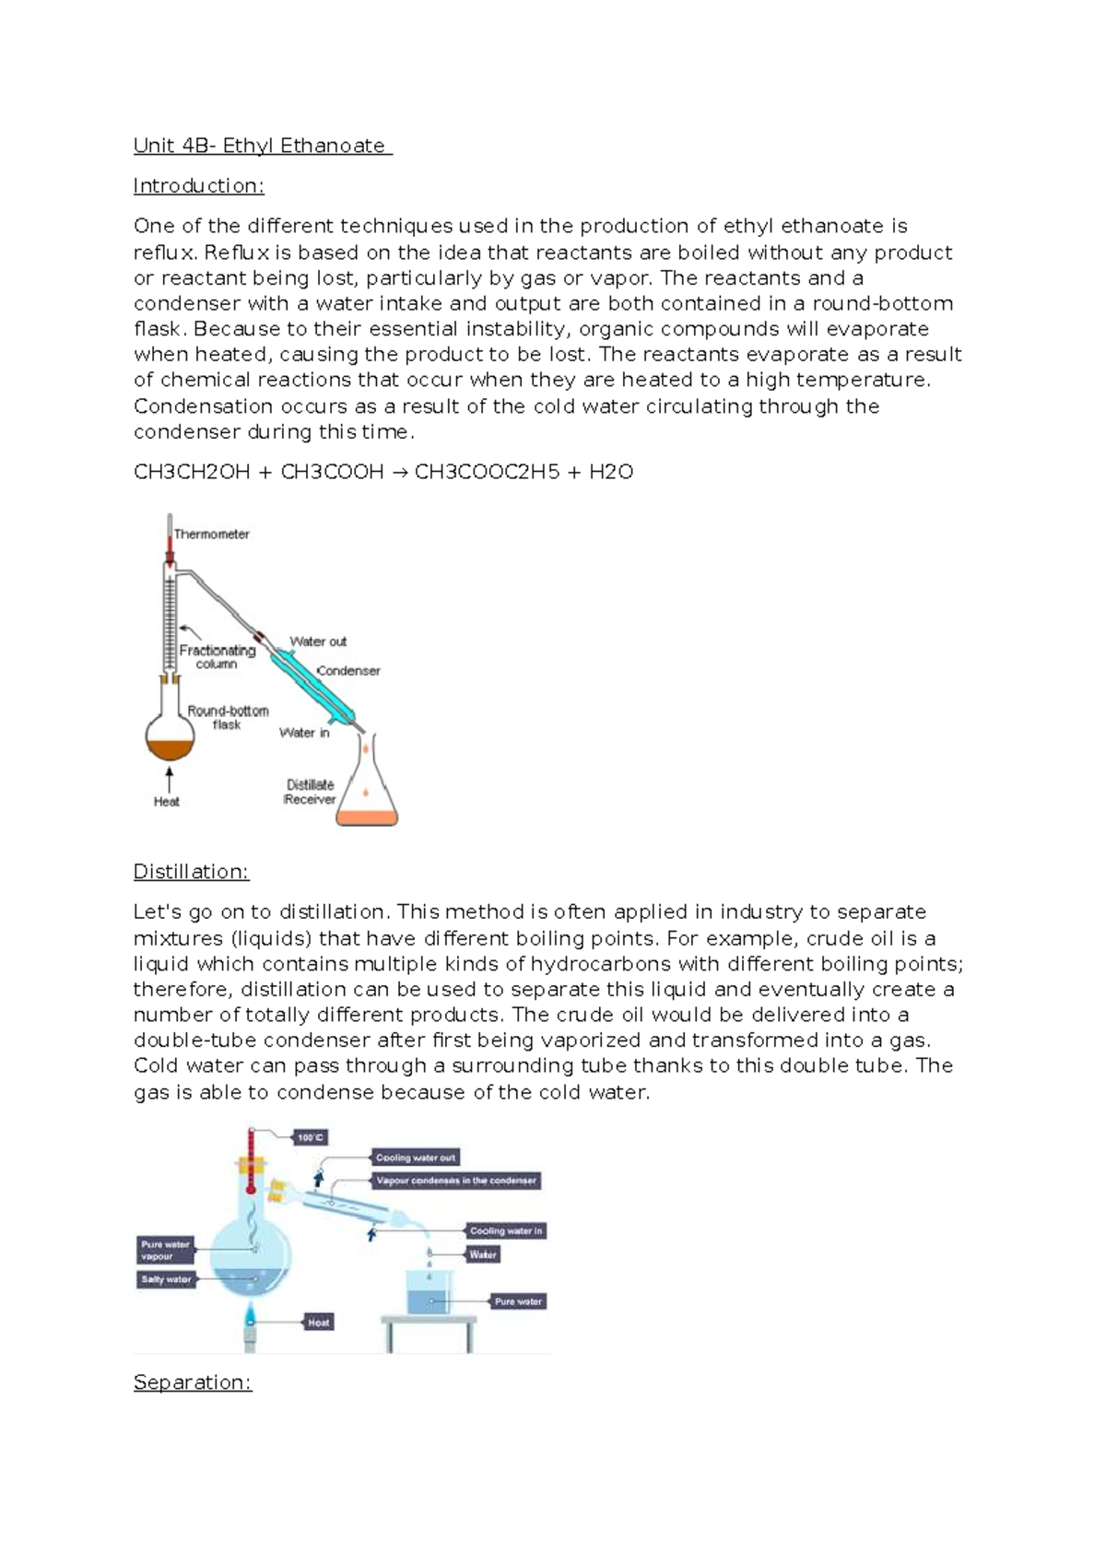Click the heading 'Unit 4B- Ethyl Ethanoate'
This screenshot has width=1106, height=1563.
click(x=262, y=146)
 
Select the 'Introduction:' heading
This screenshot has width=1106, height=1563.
click(x=198, y=186)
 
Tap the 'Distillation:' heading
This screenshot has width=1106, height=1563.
click(x=191, y=872)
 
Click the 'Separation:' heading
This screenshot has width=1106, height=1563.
click(x=192, y=1382)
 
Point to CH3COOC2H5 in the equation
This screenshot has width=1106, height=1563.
click(x=487, y=473)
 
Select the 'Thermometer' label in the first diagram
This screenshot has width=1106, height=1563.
click(x=211, y=535)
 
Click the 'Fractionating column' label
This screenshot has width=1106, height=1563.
click(x=217, y=656)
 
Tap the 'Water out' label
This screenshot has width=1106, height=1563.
click(x=318, y=641)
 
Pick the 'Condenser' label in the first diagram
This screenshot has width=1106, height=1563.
click(x=348, y=671)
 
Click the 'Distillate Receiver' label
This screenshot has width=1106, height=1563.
click(x=310, y=793)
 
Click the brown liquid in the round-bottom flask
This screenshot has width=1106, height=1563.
click(x=170, y=747)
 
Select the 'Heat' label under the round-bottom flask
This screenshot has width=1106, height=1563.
click(x=166, y=802)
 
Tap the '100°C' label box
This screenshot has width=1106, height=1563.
click(x=311, y=1138)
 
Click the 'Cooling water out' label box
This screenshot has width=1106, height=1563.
click(x=415, y=1158)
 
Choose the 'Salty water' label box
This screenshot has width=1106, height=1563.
click(x=166, y=1279)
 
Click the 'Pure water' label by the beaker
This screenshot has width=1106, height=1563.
click(x=518, y=1302)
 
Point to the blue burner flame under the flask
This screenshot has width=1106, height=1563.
click(x=250, y=1313)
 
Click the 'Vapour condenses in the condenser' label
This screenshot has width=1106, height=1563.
click(x=455, y=1181)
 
